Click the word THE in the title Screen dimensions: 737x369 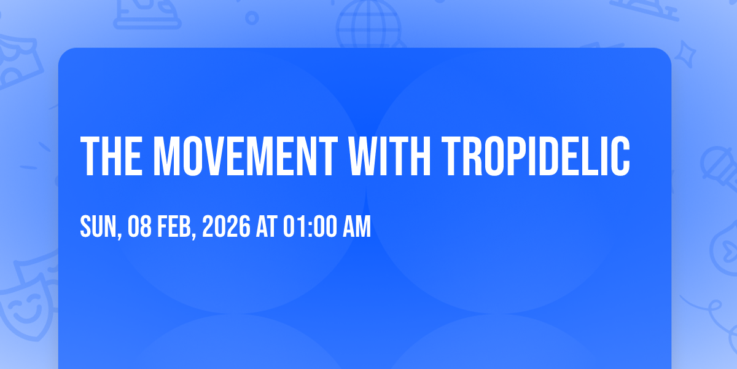[112, 156]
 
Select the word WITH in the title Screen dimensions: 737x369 [389, 156]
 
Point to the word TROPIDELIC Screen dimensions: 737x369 [536, 156]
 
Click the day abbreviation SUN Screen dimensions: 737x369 [99, 226]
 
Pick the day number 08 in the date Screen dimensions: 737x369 [139, 226]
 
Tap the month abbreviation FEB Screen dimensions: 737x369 [174, 226]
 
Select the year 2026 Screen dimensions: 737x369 [226, 226]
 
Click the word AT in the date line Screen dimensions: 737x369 [267, 226]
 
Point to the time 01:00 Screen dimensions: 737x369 [310, 226]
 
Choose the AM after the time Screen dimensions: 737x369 [357, 226]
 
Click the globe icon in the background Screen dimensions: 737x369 [369, 24]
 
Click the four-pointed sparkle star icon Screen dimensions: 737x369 [685, 54]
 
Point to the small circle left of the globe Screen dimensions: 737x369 [252, 18]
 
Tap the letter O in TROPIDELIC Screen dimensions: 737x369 [494, 156]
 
